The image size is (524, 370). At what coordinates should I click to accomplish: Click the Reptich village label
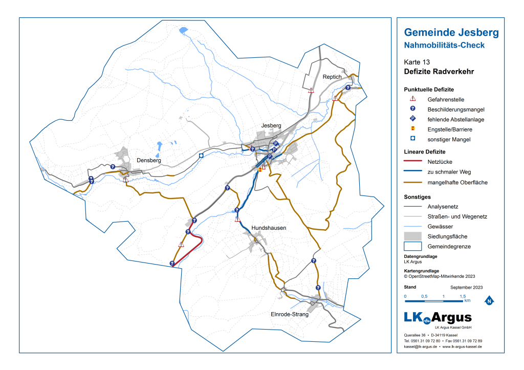[332, 77]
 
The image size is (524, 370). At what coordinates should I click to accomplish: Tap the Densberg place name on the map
[149, 160]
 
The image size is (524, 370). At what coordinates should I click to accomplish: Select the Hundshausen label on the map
[269, 228]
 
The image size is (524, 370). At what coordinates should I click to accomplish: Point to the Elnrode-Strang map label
[290, 315]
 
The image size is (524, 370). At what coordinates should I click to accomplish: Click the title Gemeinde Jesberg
[451, 33]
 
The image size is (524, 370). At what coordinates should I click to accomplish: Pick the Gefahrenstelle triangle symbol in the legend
[412, 99]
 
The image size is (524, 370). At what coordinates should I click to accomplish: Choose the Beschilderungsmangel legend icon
[412, 110]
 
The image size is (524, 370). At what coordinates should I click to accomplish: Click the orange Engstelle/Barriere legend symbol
[412, 129]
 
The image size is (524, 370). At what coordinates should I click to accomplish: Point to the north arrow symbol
[489, 300]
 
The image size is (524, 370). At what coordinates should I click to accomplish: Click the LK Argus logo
[438, 318]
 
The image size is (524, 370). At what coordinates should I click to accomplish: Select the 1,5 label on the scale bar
[462, 297]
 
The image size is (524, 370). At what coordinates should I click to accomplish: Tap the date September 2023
[466, 287]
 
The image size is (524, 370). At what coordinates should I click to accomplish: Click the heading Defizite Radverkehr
[439, 72]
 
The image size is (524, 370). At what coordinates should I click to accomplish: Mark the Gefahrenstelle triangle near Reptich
[311, 90]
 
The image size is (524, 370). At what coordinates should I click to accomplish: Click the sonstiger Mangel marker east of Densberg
[201, 155]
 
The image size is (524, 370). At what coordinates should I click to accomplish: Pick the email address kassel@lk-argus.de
[420, 347]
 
